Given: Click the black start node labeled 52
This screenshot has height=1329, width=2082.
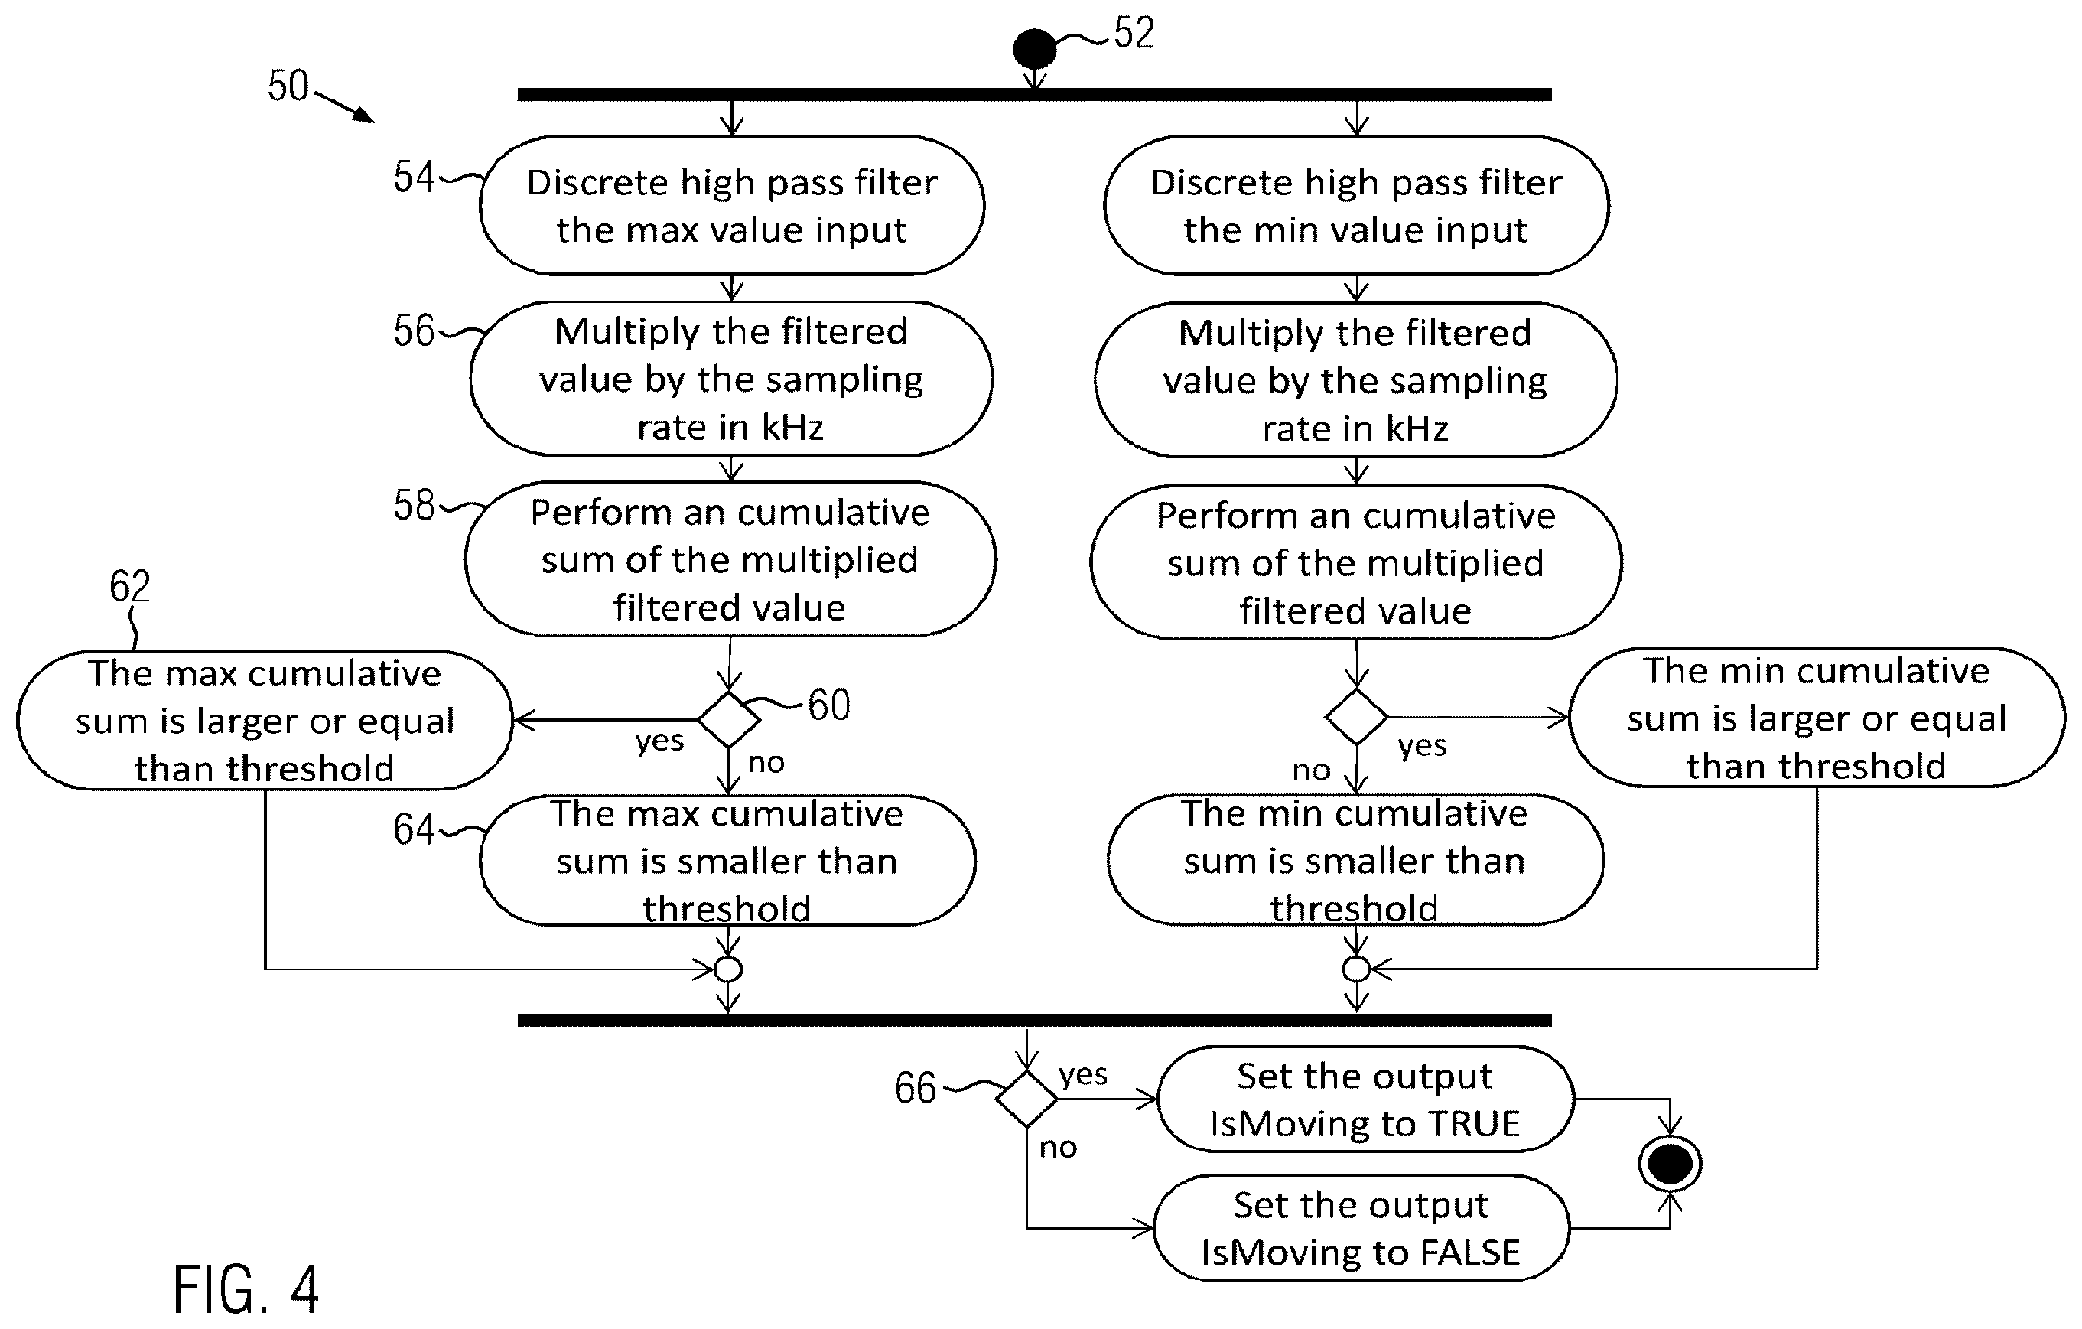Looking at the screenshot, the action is (1034, 48).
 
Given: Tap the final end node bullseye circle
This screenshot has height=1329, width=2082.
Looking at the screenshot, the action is (1670, 1163).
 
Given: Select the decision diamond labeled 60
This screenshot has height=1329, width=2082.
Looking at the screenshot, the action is (729, 718).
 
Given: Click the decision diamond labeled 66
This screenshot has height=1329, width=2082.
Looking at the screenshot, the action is (1026, 1098).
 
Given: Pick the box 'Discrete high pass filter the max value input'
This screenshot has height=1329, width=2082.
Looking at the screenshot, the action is (732, 206).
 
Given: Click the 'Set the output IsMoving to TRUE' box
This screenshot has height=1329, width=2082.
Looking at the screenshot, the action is (1365, 1099).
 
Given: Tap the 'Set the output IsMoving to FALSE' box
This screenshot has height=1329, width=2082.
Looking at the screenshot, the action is (1361, 1228).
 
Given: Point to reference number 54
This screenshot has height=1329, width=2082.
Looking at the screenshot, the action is (413, 178).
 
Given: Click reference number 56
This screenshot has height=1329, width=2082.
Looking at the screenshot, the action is (413, 331).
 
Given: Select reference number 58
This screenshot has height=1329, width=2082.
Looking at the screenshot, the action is (413, 505).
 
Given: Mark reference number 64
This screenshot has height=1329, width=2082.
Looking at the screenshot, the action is (413, 829).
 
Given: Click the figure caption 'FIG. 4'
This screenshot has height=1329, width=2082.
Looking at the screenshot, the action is (246, 1289).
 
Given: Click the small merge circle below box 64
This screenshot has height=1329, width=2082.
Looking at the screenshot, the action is (728, 969).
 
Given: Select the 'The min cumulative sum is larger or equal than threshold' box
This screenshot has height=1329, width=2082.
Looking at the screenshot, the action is (1817, 718).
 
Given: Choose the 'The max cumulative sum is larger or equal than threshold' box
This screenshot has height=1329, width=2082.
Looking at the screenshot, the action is (265, 720).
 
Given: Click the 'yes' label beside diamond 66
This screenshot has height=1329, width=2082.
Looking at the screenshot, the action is (1082, 1075).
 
